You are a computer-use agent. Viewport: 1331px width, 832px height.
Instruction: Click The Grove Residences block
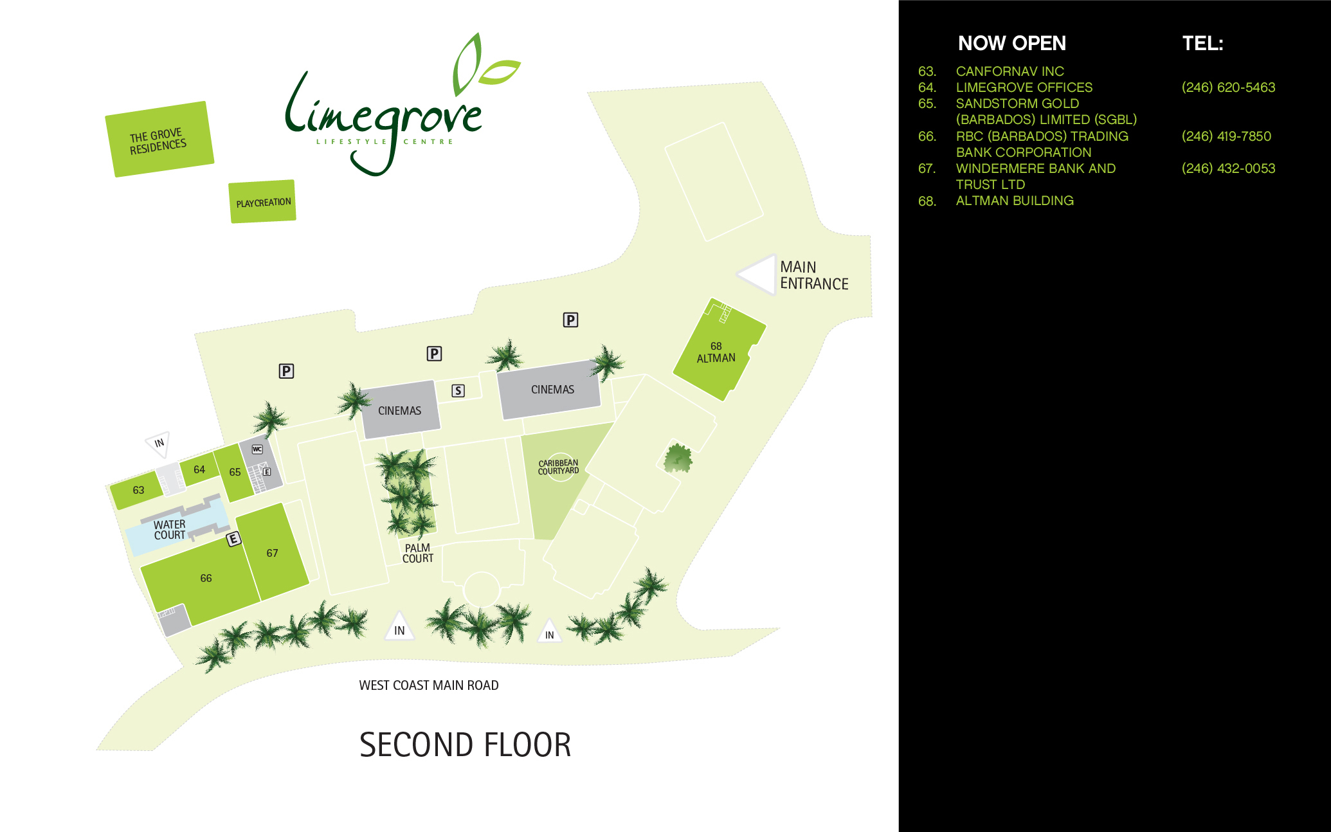(x=159, y=139)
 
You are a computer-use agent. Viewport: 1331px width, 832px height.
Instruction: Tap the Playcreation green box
(x=262, y=202)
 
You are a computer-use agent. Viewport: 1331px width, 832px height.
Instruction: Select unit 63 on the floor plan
(x=137, y=490)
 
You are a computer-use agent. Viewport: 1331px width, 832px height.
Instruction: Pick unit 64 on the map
(x=199, y=470)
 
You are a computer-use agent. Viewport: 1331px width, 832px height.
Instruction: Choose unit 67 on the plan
(x=273, y=552)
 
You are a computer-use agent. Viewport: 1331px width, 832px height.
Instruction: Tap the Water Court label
(x=170, y=530)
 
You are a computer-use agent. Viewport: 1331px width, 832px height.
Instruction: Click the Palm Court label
(x=418, y=553)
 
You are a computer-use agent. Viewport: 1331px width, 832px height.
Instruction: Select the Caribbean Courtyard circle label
(x=559, y=467)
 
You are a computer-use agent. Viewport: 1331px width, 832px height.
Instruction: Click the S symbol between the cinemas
(x=458, y=390)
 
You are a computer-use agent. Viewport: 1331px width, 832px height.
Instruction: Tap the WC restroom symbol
(x=257, y=449)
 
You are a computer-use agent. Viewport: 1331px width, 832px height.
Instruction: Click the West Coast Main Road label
(x=429, y=685)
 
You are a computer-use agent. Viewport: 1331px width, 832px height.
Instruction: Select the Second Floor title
(x=465, y=745)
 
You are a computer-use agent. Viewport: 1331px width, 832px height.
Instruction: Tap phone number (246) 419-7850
(x=1226, y=136)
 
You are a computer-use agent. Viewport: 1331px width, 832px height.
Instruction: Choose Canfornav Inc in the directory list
(x=1010, y=71)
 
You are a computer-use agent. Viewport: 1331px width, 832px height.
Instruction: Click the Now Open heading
(x=1012, y=43)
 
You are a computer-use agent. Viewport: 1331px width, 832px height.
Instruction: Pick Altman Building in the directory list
(x=1015, y=201)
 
